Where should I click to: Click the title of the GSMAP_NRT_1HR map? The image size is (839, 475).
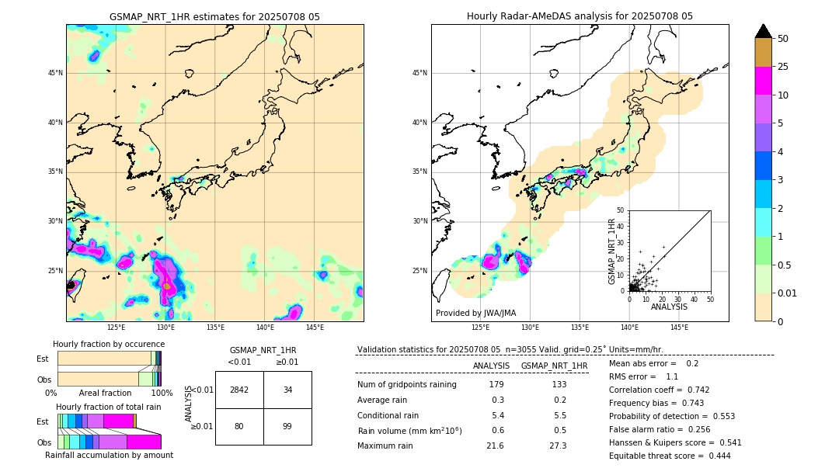214,16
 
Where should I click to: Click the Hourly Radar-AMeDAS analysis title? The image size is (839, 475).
580,16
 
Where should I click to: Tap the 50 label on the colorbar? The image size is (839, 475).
783,39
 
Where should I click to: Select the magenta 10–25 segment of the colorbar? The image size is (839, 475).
764,81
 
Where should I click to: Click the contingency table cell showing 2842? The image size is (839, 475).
239,390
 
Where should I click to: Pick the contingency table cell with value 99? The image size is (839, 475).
287,426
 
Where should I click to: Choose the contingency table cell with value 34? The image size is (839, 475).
287,390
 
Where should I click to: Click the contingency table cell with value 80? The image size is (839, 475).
239,426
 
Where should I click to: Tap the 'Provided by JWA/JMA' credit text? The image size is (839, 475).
475,314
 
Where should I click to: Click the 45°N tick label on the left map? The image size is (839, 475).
55,73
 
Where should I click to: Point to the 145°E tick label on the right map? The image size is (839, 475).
679,328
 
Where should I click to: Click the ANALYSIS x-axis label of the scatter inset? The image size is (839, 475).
670,307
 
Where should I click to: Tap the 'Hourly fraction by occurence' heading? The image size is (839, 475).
109,344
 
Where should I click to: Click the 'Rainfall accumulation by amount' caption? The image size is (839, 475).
109,455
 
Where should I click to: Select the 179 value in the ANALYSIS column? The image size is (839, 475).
496,385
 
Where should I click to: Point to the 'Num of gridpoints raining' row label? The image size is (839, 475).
406,385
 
